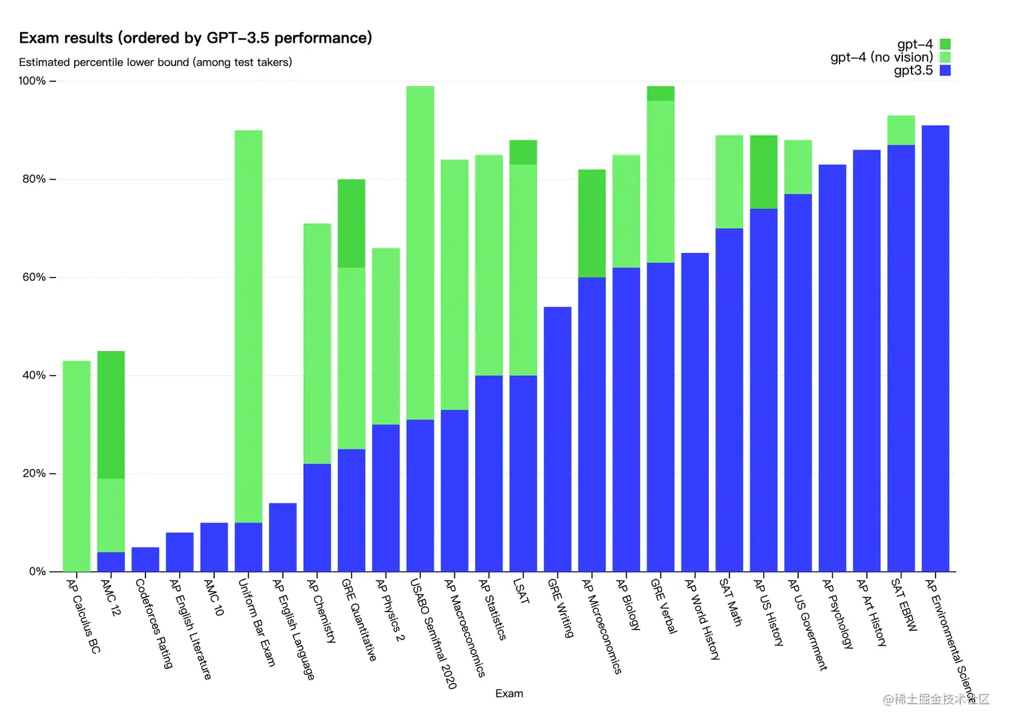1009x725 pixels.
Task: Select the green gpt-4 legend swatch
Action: [x=945, y=44]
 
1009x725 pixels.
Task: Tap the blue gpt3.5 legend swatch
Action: [x=945, y=70]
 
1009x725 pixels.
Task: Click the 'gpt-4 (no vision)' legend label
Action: [x=881, y=57]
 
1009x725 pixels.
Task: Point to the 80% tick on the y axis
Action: [x=53, y=179]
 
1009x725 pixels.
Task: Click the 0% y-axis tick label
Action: [x=37, y=571]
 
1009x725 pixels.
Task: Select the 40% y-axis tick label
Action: [x=34, y=375]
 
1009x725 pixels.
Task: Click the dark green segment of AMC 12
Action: [x=111, y=415]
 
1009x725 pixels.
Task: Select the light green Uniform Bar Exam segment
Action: [x=248, y=326]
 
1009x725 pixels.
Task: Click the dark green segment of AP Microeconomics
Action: [x=592, y=224]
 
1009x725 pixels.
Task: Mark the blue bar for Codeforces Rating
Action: [x=145, y=559]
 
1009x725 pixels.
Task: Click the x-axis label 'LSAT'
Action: [x=521, y=591]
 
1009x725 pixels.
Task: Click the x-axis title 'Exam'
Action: [x=509, y=694]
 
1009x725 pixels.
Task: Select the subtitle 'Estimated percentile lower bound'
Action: [x=155, y=62]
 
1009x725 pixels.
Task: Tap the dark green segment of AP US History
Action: [x=763, y=172]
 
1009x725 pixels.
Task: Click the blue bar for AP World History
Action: [x=695, y=412]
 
